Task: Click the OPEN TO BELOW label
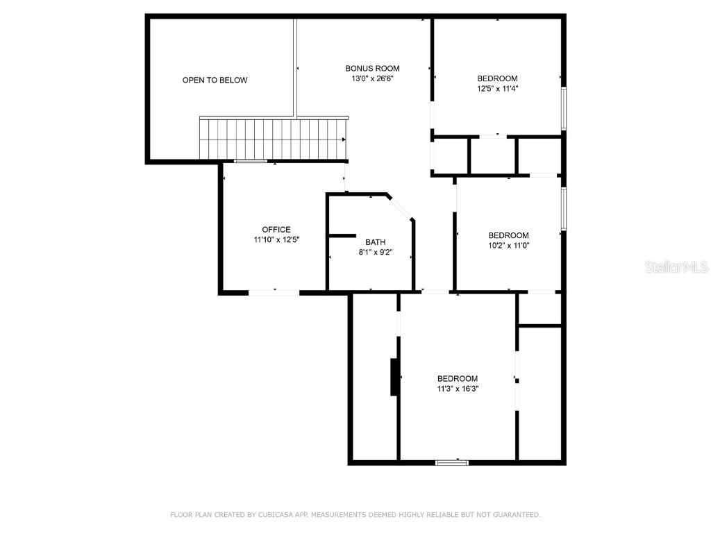click(x=215, y=81)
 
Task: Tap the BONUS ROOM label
click(x=372, y=68)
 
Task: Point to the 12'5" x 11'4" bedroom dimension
click(x=497, y=88)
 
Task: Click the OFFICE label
click(x=276, y=230)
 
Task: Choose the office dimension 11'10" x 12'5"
click(x=276, y=239)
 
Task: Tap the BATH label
click(x=375, y=242)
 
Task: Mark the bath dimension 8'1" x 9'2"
click(x=375, y=252)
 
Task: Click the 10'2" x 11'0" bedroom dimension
click(x=508, y=245)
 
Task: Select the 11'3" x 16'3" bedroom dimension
click(x=458, y=389)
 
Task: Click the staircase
click(x=272, y=139)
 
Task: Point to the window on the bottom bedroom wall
click(x=451, y=462)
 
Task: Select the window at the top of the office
click(x=250, y=162)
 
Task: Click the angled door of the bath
click(x=400, y=208)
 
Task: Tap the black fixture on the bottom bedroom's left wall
click(x=394, y=377)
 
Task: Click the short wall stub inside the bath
click(x=342, y=236)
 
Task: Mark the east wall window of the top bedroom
click(x=564, y=108)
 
